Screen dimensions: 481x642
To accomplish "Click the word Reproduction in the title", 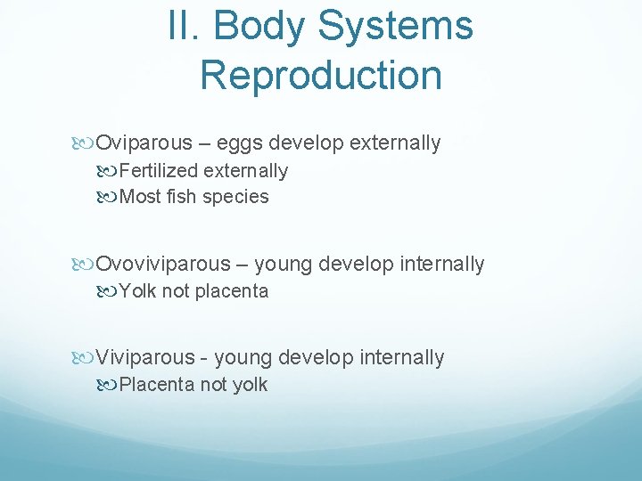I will [x=321, y=75].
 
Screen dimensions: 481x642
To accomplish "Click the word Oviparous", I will [x=144, y=143].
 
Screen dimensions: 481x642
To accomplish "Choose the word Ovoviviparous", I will [x=162, y=264].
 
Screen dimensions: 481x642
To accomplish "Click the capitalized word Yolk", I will [x=137, y=291].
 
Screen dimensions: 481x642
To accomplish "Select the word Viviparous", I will [x=144, y=357].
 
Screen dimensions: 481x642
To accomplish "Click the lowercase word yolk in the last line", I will [x=249, y=385].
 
